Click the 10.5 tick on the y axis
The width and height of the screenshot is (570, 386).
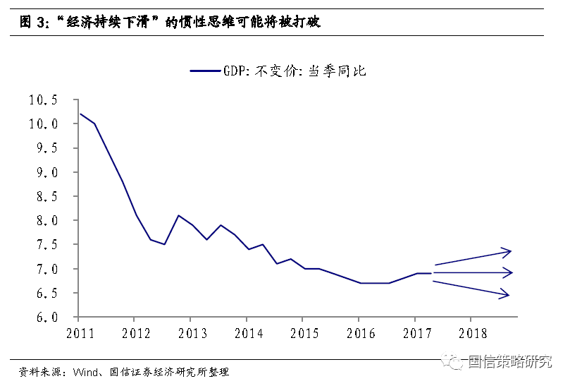(x=43, y=100)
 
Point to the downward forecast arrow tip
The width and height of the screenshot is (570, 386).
(x=508, y=295)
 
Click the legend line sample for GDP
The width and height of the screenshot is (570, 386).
(x=205, y=71)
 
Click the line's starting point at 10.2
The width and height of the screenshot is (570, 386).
(x=80, y=114)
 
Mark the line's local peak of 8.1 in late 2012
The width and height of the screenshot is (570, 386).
(x=178, y=215)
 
